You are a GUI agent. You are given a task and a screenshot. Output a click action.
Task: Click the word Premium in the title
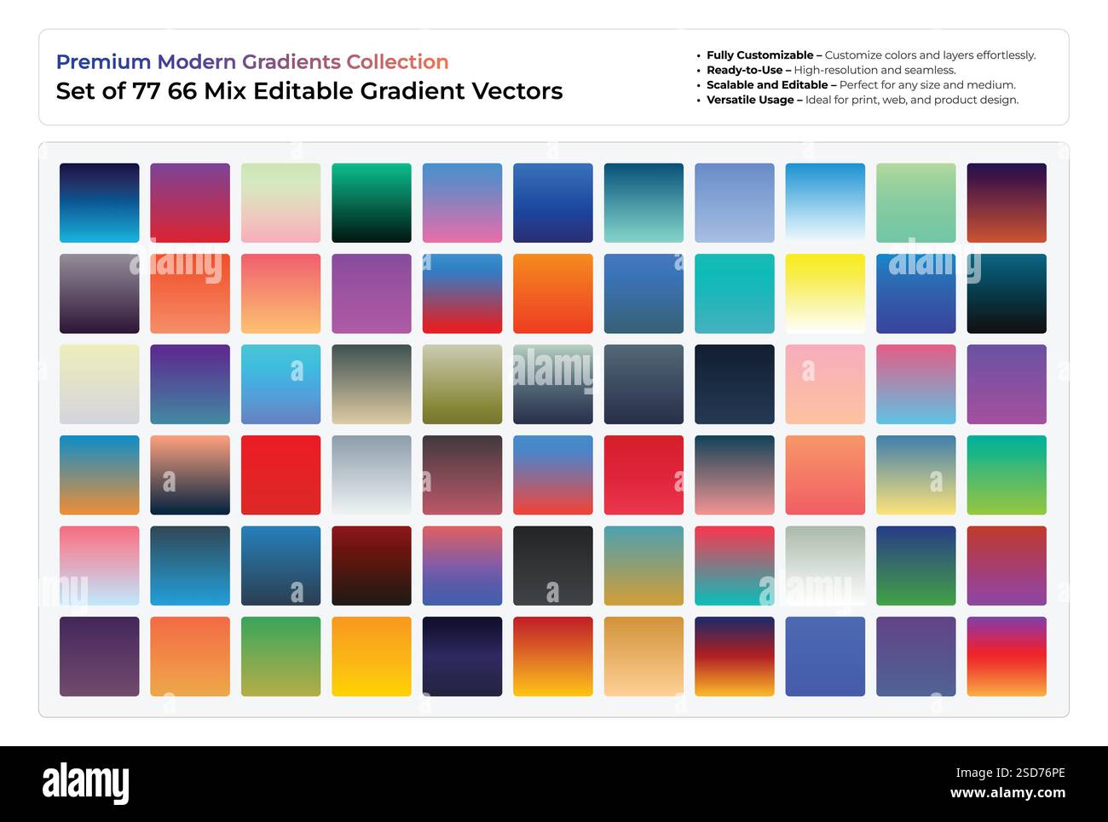pyautogui.click(x=103, y=62)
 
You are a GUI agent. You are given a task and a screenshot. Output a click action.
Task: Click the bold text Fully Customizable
pyautogui.click(x=759, y=55)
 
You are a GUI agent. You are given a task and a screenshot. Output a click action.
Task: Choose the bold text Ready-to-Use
pyautogui.click(x=744, y=70)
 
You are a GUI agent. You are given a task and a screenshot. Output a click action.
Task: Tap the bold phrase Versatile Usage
pyautogui.click(x=750, y=100)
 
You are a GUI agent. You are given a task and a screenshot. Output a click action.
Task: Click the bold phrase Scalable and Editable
pyautogui.click(x=767, y=85)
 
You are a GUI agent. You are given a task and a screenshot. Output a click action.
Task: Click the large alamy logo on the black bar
pyautogui.click(x=85, y=784)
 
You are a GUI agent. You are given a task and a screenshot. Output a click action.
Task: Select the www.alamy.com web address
pyautogui.click(x=1007, y=793)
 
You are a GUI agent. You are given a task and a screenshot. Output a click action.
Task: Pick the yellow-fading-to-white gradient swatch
pyautogui.click(x=825, y=293)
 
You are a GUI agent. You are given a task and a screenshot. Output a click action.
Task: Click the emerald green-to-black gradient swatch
pyautogui.click(x=372, y=203)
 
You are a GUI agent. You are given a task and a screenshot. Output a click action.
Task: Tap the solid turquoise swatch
pyautogui.click(x=735, y=293)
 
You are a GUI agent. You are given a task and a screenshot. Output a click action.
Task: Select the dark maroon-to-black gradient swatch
pyautogui.click(x=372, y=566)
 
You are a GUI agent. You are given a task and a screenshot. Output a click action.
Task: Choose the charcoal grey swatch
pyautogui.click(x=553, y=566)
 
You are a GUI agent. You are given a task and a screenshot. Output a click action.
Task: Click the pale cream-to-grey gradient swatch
pyautogui.click(x=99, y=384)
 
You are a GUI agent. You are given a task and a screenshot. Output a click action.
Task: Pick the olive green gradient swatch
pyautogui.click(x=462, y=384)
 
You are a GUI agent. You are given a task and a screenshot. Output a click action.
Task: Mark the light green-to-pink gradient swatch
pyautogui.click(x=280, y=203)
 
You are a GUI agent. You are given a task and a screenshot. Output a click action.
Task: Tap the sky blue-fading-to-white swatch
pyautogui.click(x=825, y=203)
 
